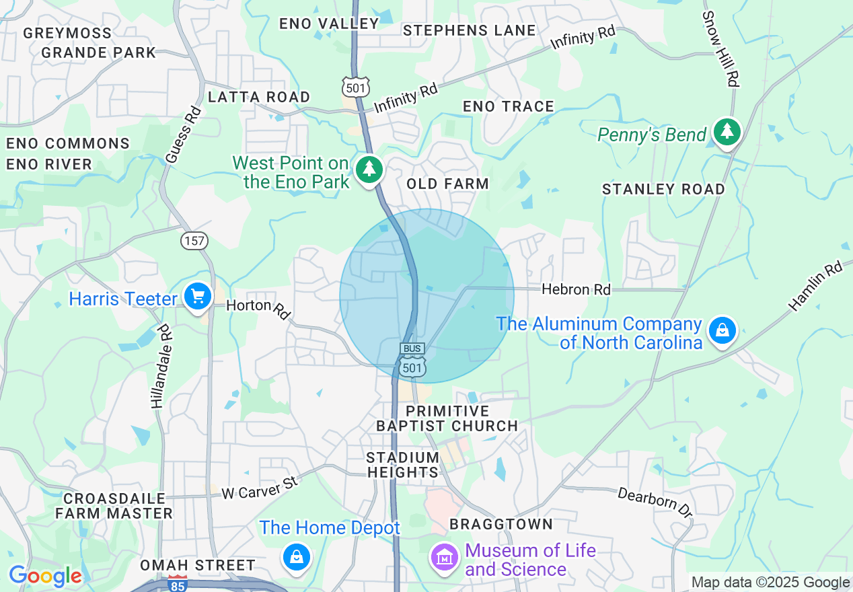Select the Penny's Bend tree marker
[x=727, y=132]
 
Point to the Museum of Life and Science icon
[x=444, y=558]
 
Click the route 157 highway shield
[x=194, y=240]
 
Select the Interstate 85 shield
[x=177, y=583]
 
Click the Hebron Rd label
[x=576, y=290]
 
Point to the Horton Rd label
[x=258, y=308]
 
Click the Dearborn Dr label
[x=655, y=502]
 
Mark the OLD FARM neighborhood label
[x=447, y=184]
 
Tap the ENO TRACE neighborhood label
[x=509, y=106]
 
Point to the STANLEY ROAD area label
[x=663, y=189]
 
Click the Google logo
[x=44, y=576]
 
